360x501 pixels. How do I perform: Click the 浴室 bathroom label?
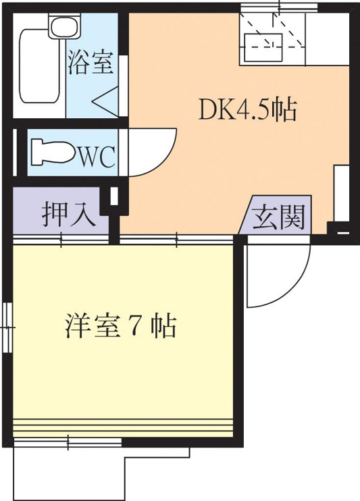click(91, 62)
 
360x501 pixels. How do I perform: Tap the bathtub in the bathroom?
click(41, 65)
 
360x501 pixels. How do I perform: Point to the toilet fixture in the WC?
click(53, 152)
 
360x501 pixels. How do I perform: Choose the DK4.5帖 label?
click(247, 109)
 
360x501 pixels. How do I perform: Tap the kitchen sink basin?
click(263, 47)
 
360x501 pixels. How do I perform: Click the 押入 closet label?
click(70, 214)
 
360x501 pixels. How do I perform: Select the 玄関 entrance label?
click(278, 217)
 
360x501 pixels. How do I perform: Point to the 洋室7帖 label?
click(121, 327)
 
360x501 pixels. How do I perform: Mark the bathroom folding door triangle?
click(105, 102)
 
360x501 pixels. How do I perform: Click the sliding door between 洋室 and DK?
click(176, 240)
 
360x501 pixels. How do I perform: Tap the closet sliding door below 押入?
click(61, 240)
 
